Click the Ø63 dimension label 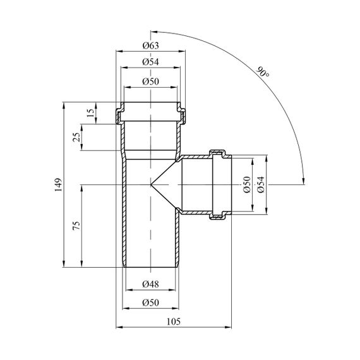point(150,45)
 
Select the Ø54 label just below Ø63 point(150,62)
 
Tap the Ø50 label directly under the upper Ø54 point(150,81)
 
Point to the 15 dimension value point(91,112)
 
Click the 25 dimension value point(78,137)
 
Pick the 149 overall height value point(58,184)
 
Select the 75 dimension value point(76,225)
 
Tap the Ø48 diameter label point(150,284)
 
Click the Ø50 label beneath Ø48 point(150,303)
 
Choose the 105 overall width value point(174,321)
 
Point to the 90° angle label point(263,72)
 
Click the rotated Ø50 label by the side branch point(247,184)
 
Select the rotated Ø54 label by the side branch point(261,184)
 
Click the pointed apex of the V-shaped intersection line point(151,184)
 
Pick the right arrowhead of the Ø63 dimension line point(182,51)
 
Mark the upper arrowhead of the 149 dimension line point(64,105)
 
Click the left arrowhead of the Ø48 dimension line point(129,290)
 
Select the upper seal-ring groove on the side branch point(217,153)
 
